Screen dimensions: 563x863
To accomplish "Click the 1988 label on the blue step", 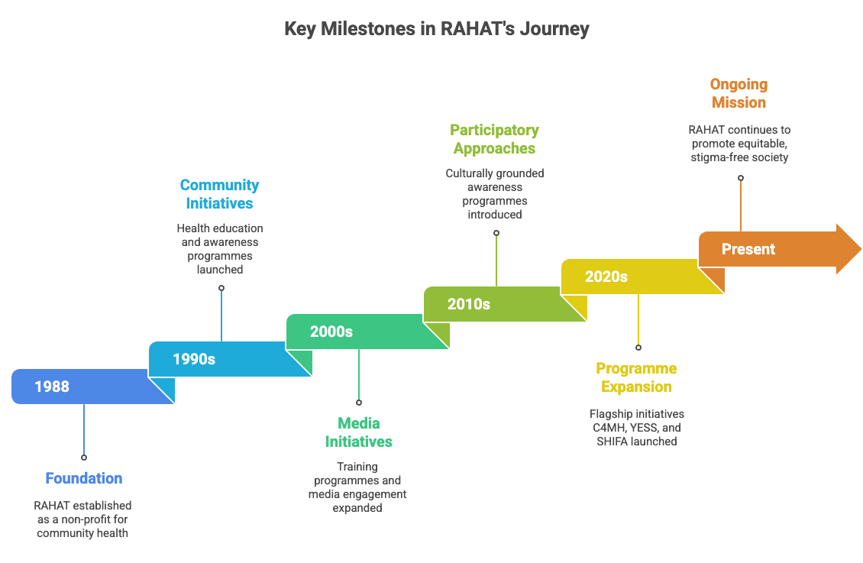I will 52,387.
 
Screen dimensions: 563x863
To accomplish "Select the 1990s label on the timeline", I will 194,359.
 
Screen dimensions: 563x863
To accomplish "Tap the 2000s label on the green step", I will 331,332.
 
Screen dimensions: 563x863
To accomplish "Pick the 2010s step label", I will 469,304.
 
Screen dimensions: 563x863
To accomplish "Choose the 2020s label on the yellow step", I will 606,277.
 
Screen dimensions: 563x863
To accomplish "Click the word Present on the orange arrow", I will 748,249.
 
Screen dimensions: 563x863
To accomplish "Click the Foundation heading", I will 84,479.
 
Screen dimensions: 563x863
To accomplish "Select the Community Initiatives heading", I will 220,194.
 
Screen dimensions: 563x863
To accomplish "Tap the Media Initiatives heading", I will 359,432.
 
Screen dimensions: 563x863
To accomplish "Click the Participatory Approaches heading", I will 494,139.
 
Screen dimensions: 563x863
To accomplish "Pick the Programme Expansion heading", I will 636,377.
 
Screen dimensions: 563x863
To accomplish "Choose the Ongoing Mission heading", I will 739,93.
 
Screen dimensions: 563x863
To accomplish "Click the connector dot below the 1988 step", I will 84,458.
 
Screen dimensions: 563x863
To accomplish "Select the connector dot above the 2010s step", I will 496,233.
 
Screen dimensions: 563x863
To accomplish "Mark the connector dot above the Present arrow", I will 740,178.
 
